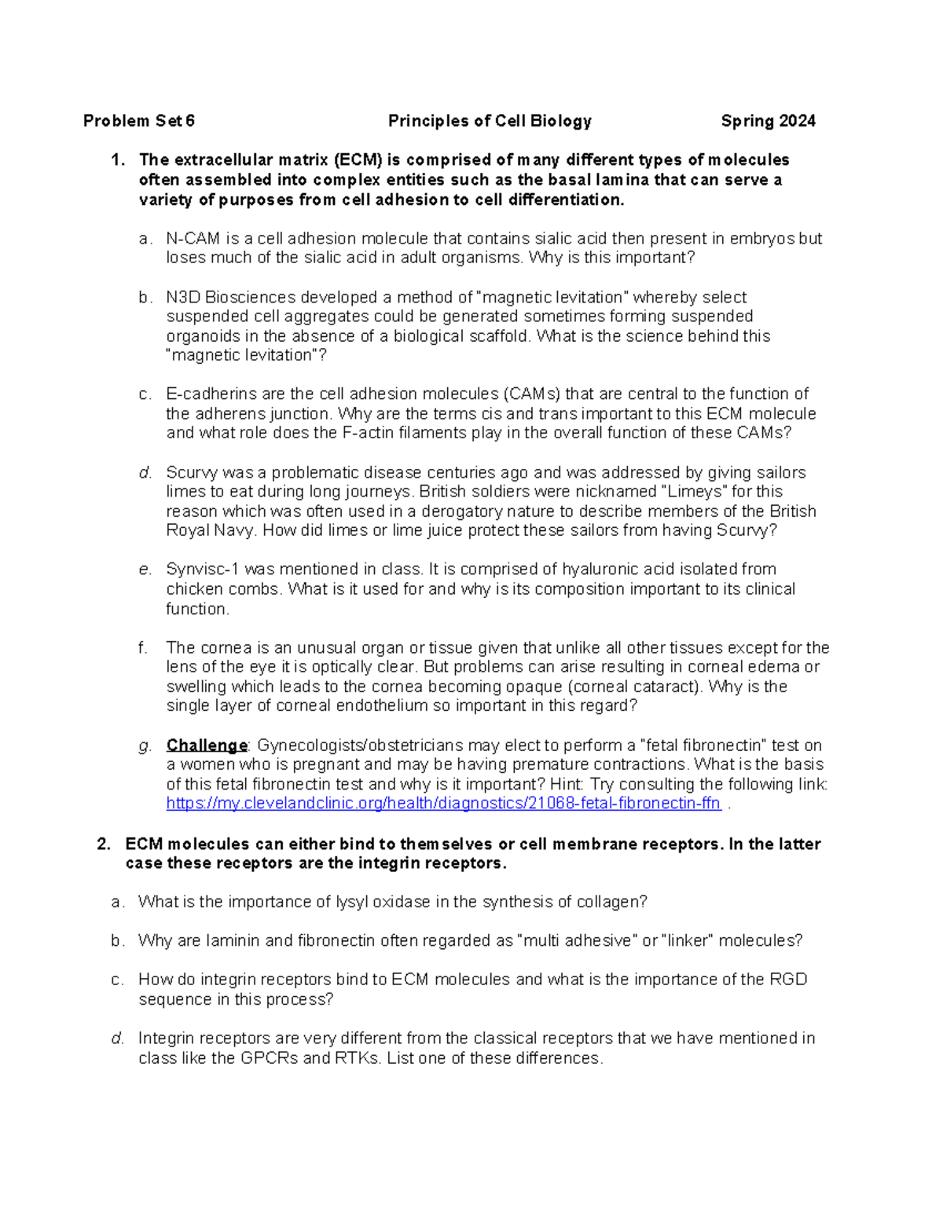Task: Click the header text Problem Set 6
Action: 138,121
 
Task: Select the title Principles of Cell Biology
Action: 490,121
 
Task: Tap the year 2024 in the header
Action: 797,121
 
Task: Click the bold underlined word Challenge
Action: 207,746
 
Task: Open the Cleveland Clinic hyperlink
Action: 443,804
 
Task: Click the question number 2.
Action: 103,844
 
